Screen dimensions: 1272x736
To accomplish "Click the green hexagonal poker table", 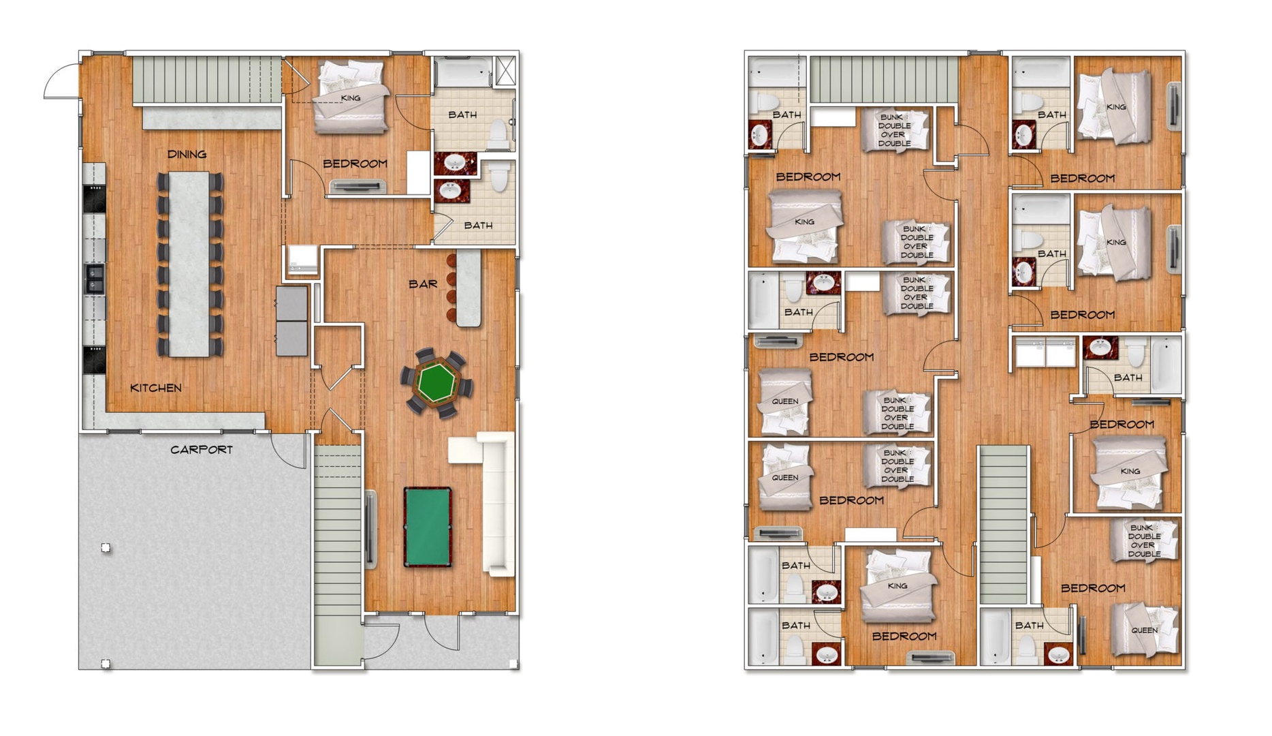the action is [x=436, y=382].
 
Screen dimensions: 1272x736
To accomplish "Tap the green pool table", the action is [x=427, y=527].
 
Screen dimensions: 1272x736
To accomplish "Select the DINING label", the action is [x=187, y=154].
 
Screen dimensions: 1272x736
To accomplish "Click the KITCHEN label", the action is [x=156, y=388].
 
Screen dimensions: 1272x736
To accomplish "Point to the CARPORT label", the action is [x=202, y=450].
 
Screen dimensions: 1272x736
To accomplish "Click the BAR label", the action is [x=423, y=283].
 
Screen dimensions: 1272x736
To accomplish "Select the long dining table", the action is [x=189, y=264].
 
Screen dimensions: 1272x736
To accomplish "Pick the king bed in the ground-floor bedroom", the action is [x=351, y=97].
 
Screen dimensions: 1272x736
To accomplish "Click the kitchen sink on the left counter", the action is [x=95, y=279].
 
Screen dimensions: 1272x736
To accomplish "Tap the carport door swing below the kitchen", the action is [x=289, y=450].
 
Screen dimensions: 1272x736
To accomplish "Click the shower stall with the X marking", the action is [x=505, y=71].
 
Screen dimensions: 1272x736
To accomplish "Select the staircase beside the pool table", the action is [x=338, y=552].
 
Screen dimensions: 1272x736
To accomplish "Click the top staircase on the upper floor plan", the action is [x=883, y=80].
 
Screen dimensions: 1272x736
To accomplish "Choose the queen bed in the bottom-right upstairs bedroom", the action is [x=1144, y=630].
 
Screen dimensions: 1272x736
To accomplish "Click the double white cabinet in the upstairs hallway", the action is [x=1045, y=353].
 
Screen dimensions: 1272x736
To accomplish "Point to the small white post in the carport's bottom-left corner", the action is [x=106, y=664].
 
